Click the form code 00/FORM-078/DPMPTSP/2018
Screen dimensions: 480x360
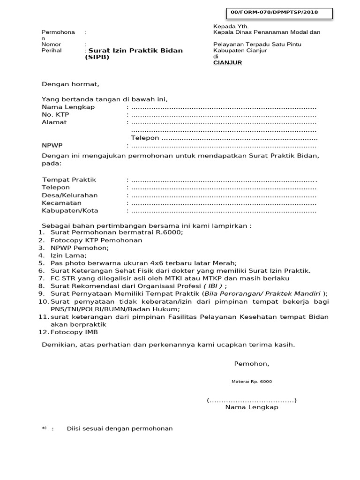pyautogui.click(x=281, y=13)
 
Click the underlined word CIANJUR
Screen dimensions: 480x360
pyautogui.click(x=227, y=62)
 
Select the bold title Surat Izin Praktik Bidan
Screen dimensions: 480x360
pyautogui.click(x=135, y=51)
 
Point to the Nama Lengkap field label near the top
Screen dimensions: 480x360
pyautogui.click(x=68, y=107)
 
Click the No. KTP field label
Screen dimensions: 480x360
pyautogui.click(x=55, y=114)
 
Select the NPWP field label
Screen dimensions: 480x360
pyautogui.click(x=52, y=145)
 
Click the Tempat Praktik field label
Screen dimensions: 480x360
pyautogui.click(x=69, y=180)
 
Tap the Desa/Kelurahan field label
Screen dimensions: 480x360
pyautogui.click(x=70, y=195)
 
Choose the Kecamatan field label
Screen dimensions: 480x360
pyautogui.click(x=62, y=203)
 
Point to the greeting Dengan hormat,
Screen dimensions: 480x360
pyautogui.click(x=71, y=84)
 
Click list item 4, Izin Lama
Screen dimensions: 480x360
pyautogui.click(x=68, y=255)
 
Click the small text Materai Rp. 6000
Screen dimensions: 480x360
pyautogui.click(x=252, y=382)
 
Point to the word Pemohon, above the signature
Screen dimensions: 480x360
pyautogui.click(x=252, y=364)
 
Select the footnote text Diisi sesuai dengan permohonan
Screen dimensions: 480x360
pyautogui.click(x=120, y=428)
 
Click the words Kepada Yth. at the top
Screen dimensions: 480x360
pyautogui.click(x=231, y=26)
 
